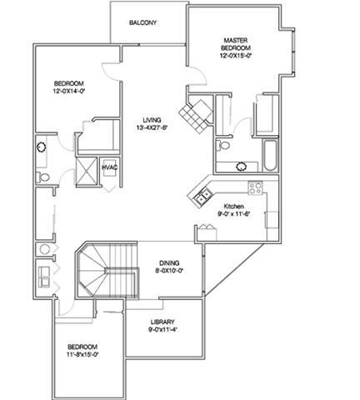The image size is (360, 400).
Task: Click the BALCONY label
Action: tap(142, 22)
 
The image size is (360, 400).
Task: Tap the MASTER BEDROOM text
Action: tap(236, 44)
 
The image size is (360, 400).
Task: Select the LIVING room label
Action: tap(152, 120)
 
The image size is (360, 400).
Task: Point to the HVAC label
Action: tap(109, 167)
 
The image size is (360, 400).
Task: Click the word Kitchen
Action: tap(234, 207)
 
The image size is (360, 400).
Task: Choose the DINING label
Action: tap(169, 262)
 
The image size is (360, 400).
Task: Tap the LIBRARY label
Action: tap(162, 322)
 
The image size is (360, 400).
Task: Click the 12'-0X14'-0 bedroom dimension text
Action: tap(69, 91)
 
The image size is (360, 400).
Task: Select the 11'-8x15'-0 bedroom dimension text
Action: tap(82, 354)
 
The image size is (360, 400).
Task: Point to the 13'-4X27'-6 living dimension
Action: tap(152, 127)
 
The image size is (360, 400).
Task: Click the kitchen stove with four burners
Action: tap(255, 188)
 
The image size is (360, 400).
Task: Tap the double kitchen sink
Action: tap(202, 194)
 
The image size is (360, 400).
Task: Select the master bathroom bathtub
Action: tap(270, 156)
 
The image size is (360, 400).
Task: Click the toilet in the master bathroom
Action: tap(223, 145)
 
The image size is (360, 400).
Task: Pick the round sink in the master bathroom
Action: tap(241, 167)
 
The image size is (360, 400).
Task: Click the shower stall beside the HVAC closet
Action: tap(87, 171)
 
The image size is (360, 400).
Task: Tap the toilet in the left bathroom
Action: tap(42, 177)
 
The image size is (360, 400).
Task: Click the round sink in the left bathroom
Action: tap(42, 147)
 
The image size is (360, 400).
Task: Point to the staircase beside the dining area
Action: tap(107, 270)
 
